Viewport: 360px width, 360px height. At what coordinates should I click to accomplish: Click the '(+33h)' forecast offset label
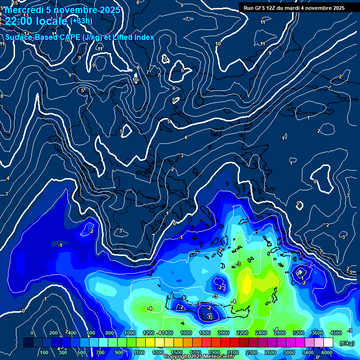tap(82, 21)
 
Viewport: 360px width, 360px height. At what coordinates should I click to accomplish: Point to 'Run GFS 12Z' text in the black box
tap(265, 8)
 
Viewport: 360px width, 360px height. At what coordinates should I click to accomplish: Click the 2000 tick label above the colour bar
tap(224, 333)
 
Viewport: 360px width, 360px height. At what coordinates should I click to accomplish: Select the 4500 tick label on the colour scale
tap(336, 333)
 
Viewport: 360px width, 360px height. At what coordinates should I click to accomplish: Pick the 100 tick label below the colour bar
tap(44, 352)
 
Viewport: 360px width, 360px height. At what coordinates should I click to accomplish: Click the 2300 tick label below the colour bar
tap(252, 352)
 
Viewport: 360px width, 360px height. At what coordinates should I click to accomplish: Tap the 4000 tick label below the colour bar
tap(327, 352)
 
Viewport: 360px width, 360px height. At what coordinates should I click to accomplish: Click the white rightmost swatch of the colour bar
tap(328, 343)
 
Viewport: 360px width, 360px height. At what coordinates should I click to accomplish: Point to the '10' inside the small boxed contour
tap(135, 80)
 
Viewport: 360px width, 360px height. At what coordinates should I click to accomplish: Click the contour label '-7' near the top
tap(187, 19)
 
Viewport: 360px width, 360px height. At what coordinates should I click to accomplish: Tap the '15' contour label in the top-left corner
tap(15, 3)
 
